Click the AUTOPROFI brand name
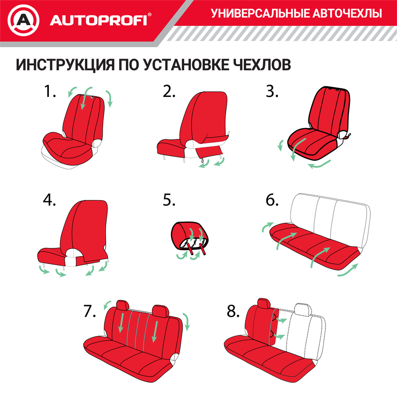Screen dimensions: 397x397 98,20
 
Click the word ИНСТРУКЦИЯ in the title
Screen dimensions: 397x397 66,65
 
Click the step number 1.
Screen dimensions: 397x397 49,91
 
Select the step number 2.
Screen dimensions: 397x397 169,91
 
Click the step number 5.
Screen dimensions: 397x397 169,200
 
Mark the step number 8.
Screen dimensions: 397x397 233,312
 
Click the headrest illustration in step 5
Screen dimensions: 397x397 190,235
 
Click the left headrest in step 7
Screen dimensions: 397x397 123,305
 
